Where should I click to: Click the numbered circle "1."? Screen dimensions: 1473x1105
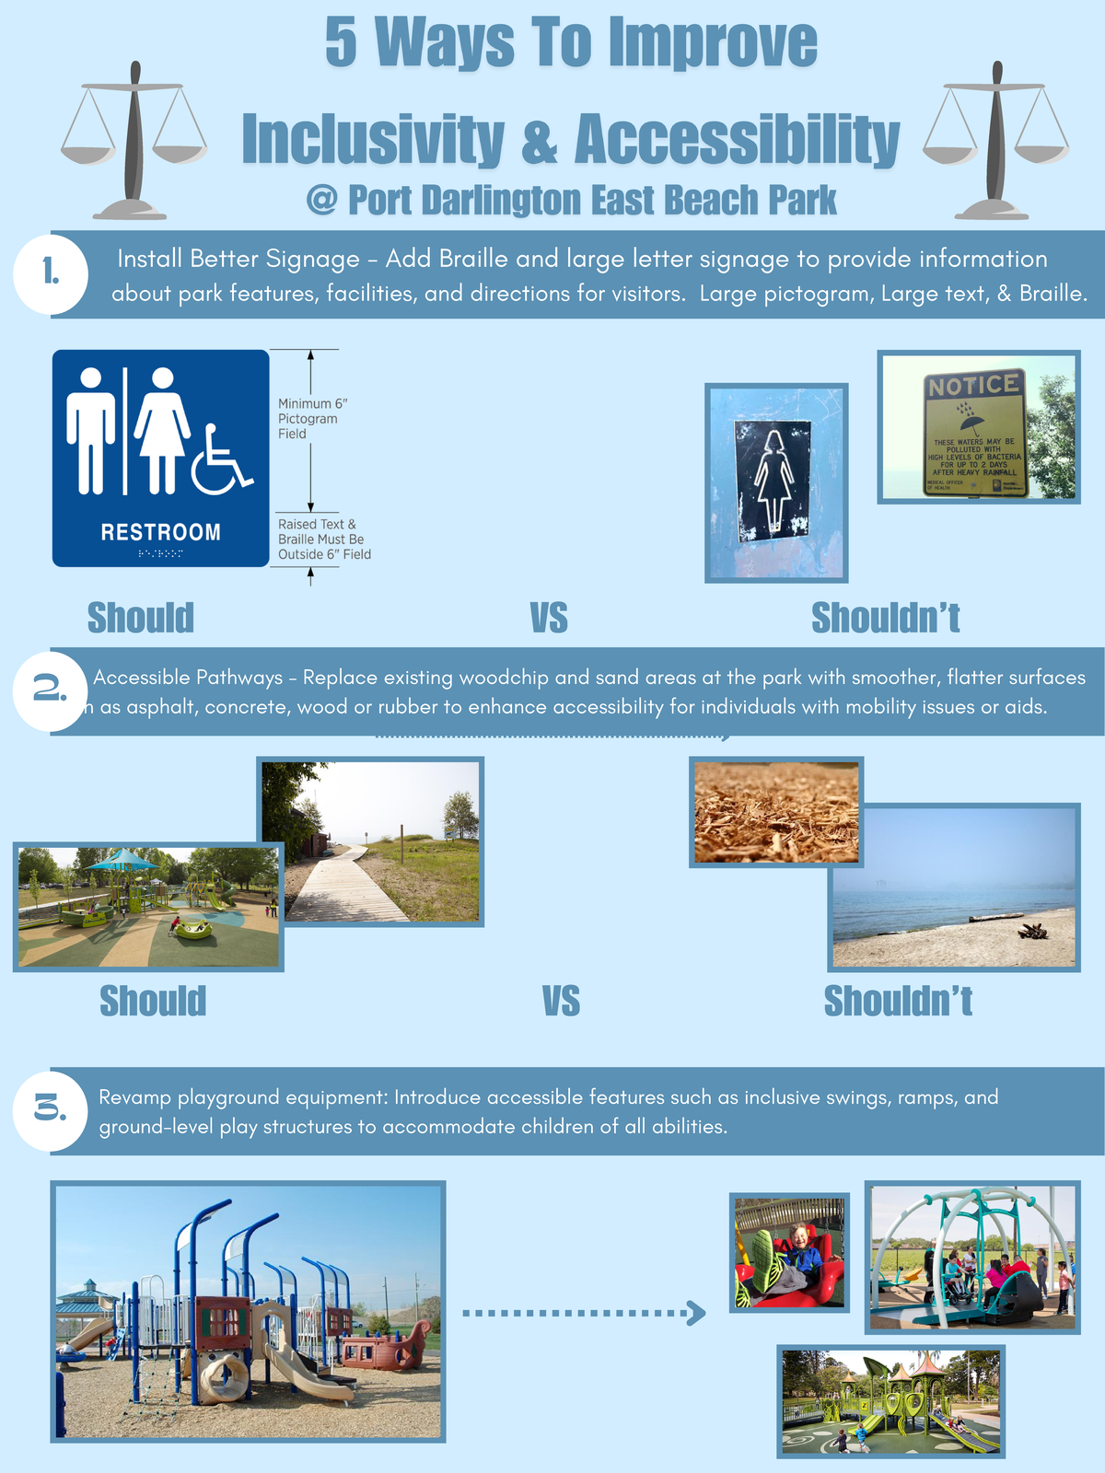pos(51,273)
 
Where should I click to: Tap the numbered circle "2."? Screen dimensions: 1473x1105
pos(51,690)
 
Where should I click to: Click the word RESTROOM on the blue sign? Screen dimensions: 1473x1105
pos(160,532)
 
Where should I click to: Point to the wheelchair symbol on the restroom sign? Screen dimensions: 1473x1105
pos(221,460)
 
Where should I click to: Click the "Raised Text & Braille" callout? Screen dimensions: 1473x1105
pos(323,539)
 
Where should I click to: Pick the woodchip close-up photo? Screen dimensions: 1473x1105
pos(775,811)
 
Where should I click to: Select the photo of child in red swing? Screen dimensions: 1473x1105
pos(789,1252)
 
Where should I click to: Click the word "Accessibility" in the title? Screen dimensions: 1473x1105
pos(737,140)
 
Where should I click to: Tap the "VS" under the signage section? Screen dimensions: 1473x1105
pos(549,619)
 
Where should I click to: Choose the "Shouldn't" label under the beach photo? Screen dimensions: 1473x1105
pos(898,1002)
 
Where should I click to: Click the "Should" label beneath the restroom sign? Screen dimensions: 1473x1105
pos(141,619)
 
